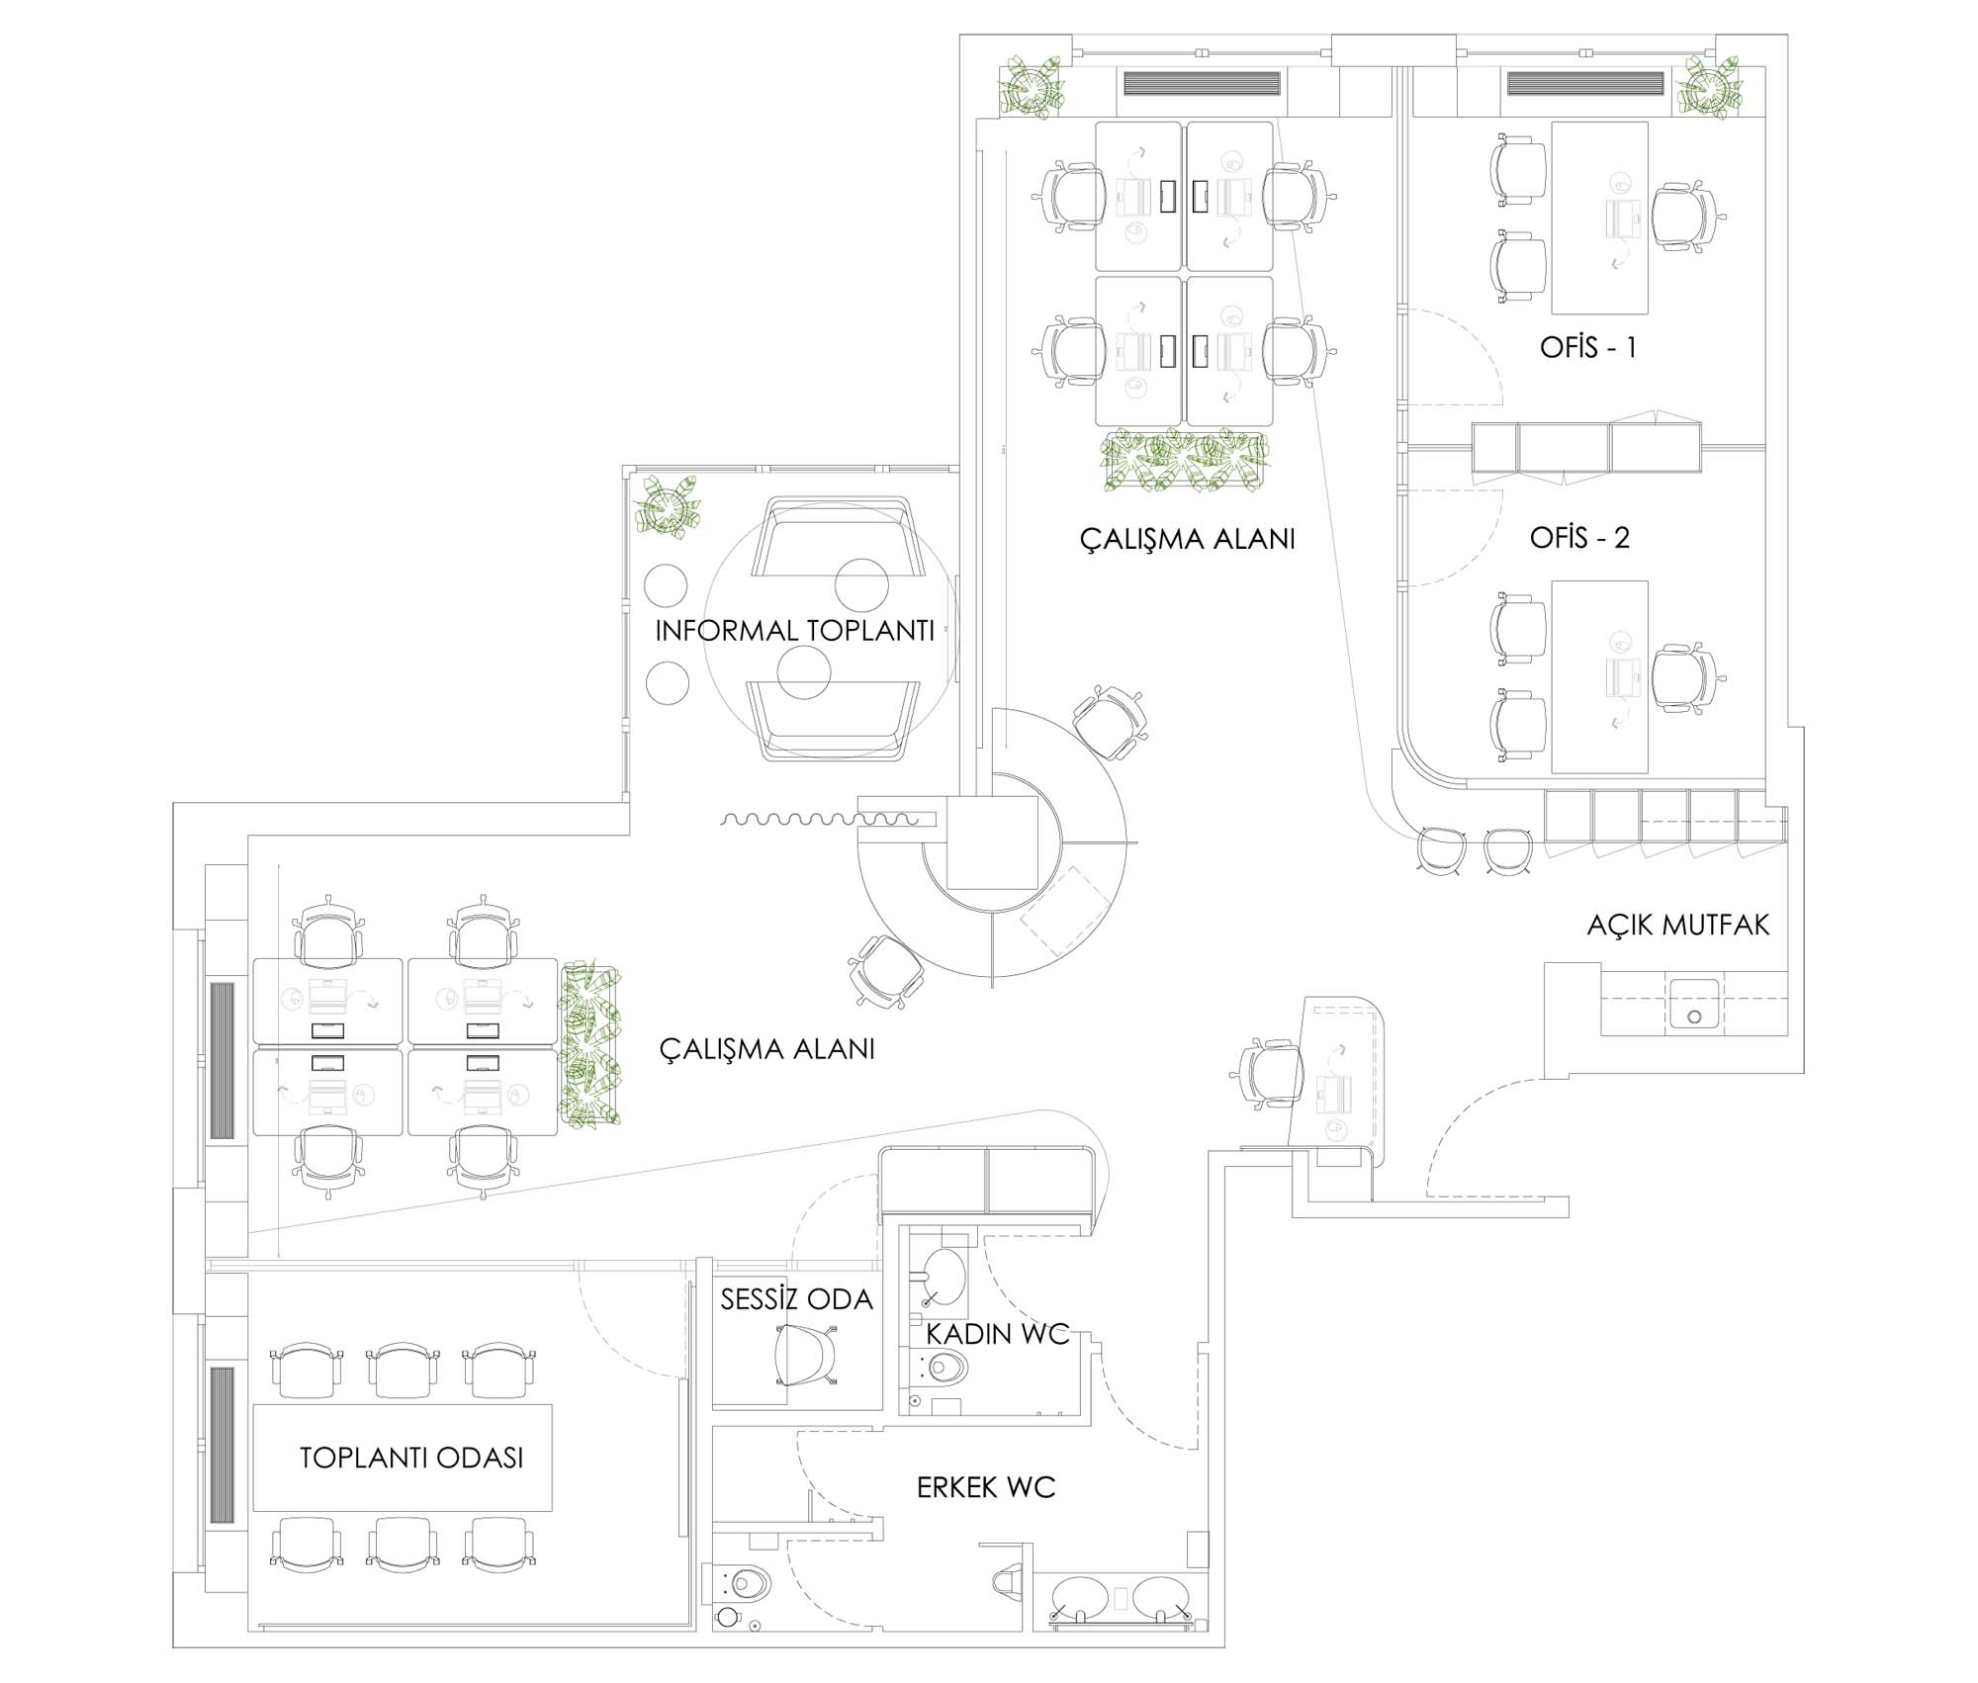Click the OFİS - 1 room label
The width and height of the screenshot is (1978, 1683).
pos(1587,347)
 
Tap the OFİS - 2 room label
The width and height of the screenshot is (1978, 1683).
pos(1579,537)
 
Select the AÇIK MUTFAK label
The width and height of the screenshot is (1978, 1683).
pos(1677,925)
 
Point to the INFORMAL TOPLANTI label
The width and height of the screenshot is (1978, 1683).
pos(794,631)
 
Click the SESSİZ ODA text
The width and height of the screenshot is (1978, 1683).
pos(796,1299)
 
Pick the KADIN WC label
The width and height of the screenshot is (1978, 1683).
pos(997,1334)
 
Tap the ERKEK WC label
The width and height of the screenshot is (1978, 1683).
pos(985,1487)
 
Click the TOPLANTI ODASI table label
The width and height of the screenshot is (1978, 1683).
pos(411,1458)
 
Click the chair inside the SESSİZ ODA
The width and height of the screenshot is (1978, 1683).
pos(805,1354)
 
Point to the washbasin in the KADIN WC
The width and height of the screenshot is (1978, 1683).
pos(943,1275)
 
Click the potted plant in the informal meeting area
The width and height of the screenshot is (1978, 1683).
pos(670,507)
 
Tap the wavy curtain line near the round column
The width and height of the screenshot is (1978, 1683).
pos(820,819)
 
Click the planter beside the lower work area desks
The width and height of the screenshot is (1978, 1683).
pos(590,1045)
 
